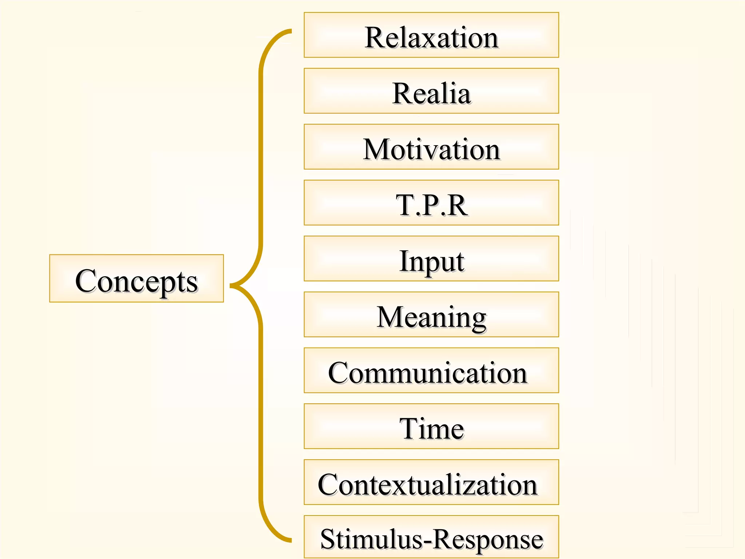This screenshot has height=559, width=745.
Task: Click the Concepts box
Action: pyautogui.click(x=136, y=278)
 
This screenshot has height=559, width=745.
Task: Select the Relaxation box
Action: pyautogui.click(x=431, y=35)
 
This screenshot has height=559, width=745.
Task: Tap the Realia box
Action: pyautogui.click(x=431, y=91)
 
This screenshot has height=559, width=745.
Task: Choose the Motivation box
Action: pyautogui.click(x=431, y=147)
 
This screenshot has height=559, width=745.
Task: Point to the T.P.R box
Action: pyautogui.click(x=431, y=203)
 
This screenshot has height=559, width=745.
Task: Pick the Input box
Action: pyautogui.click(x=431, y=258)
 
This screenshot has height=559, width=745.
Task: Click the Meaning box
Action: pyautogui.click(x=431, y=314)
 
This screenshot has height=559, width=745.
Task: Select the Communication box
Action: pyautogui.click(x=431, y=370)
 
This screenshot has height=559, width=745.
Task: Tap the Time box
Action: pyautogui.click(x=431, y=426)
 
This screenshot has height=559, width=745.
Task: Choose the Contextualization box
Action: pyautogui.click(x=431, y=482)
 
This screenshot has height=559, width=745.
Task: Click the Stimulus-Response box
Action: pyautogui.click(x=431, y=537)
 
